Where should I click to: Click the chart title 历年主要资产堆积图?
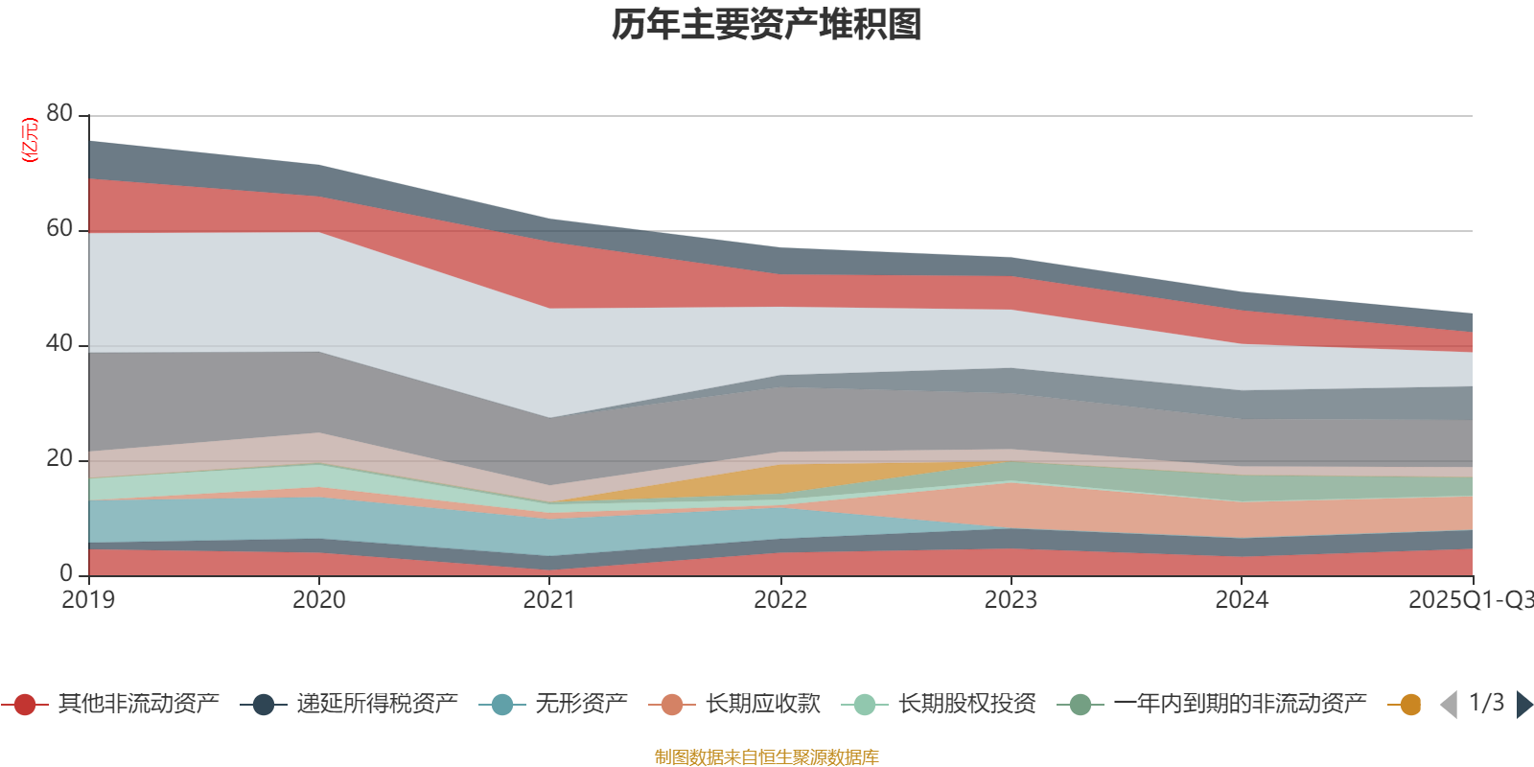[x=767, y=25]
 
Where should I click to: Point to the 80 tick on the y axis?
[x=59, y=113]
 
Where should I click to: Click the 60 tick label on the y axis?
[x=59, y=228]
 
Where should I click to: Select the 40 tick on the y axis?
[x=59, y=343]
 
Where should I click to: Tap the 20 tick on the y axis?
[x=59, y=458]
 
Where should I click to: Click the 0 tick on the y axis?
[x=66, y=573]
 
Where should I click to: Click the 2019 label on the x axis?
[x=88, y=600]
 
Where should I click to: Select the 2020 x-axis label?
[x=319, y=600]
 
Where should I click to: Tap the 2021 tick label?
[x=549, y=600]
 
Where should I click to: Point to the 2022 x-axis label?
[x=780, y=600]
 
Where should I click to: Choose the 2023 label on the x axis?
[x=1011, y=600]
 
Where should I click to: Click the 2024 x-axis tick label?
[x=1242, y=600]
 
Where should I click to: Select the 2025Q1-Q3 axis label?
[x=1470, y=600]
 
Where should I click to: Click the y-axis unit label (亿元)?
[x=31, y=140]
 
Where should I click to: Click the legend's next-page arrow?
[x=1523, y=705]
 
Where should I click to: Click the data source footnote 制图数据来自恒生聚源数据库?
[x=767, y=757]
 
